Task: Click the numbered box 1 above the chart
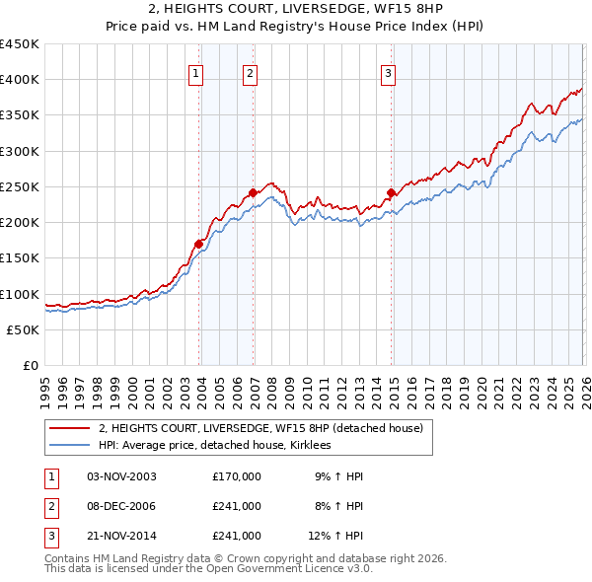(195, 73)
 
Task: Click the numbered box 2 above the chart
(251, 73)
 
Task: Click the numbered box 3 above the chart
(388, 73)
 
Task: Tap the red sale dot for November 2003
(198, 244)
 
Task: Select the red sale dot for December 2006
(253, 193)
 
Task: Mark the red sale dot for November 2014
(392, 193)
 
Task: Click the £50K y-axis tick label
(24, 330)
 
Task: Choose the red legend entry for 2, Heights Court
(260, 428)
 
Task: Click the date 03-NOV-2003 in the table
(121, 476)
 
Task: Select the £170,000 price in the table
(236, 476)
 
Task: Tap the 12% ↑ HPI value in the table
(335, 536)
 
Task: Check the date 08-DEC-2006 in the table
(121, 506)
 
